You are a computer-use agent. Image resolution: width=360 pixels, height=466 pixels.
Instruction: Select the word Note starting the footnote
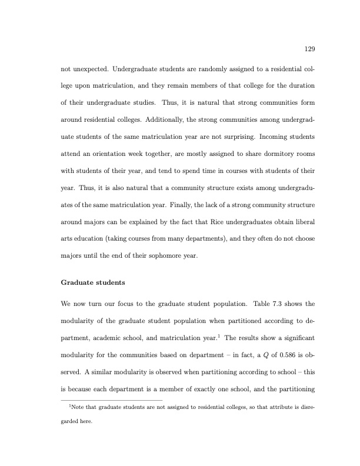pos(77,407)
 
